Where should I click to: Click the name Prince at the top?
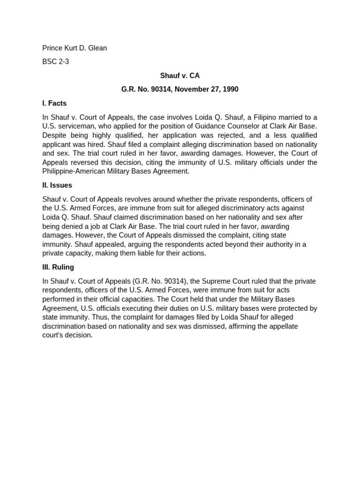click(x=52, y=48)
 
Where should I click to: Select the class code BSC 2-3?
click(x=55, y=61)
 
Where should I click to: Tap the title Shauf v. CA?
click(x=180, y=75)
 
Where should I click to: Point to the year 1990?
click(x=230, y=89)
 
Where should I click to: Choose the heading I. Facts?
click(x=54, y=103)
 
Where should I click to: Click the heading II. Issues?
click(x=57, y=185)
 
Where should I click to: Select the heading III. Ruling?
click(x=58, y=267)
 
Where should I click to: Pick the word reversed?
click(x=88, y=163)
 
